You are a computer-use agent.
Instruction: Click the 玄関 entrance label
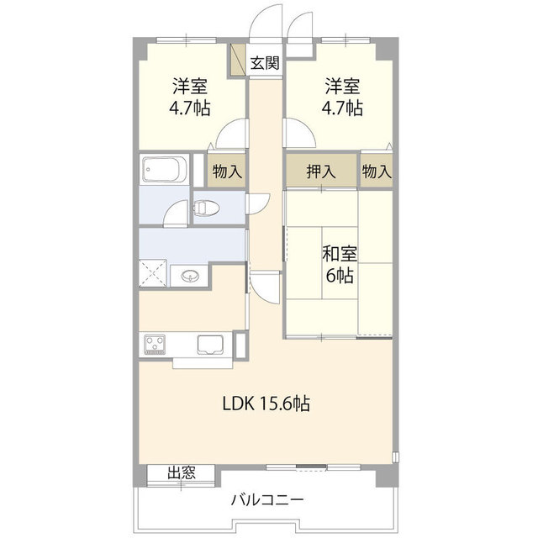[265, 63]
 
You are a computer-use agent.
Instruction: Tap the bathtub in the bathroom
[164, 170]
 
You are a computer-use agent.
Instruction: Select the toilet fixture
[205, 208]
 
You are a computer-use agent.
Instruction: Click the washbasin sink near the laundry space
[189, 276]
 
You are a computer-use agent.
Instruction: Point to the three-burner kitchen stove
[155, 345]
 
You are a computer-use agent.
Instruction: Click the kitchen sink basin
[209, 344]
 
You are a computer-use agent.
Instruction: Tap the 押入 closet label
[321, 171]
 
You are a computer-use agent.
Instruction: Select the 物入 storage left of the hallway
[227, 171]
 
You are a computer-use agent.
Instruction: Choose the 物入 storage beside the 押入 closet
[377, 171]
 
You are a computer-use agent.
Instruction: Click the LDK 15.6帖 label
[266, 403]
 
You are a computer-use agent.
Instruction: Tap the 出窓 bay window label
[182, 473]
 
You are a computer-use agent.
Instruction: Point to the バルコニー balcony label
[267, 499]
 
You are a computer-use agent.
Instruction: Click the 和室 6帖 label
[340, 265]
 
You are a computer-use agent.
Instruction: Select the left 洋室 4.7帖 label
[190, 97]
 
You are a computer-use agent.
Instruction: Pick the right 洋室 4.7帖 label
[342, 97]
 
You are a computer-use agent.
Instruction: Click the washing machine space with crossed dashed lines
[153, 272]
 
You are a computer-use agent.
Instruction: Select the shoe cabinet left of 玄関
[237, 61]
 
